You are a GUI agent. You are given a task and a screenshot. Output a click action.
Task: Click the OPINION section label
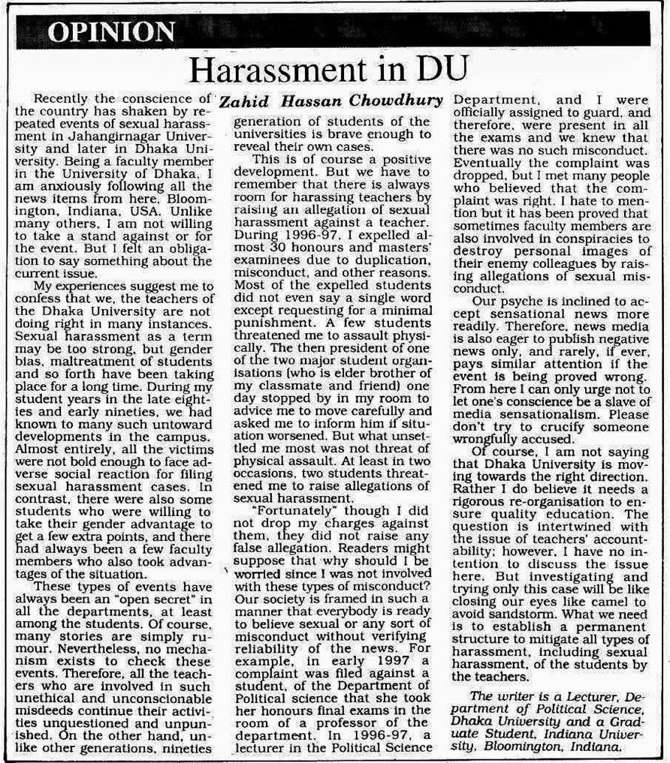[x=111, y=32]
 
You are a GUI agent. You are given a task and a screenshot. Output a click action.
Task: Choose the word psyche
[x=522, y=302]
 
